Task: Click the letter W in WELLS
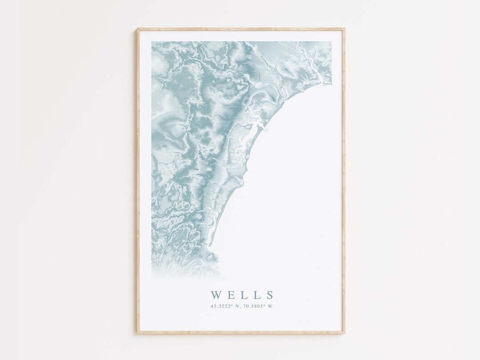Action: [216, 295]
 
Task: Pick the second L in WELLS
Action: [256, 295]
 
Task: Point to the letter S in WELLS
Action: [269, 295]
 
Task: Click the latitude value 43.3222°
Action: [222, 306]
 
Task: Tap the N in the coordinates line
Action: [238, 306]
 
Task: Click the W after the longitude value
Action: [274, 306]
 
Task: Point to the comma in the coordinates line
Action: [242, 307]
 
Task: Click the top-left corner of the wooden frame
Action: [138, 29]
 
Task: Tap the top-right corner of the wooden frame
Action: [344, 29]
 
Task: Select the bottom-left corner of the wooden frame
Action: [138, 333]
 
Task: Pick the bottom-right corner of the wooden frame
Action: [344, 333]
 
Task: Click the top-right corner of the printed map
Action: [332, 42]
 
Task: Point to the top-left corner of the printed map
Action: [152, 42]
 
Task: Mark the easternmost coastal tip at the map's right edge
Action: [331, 82]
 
